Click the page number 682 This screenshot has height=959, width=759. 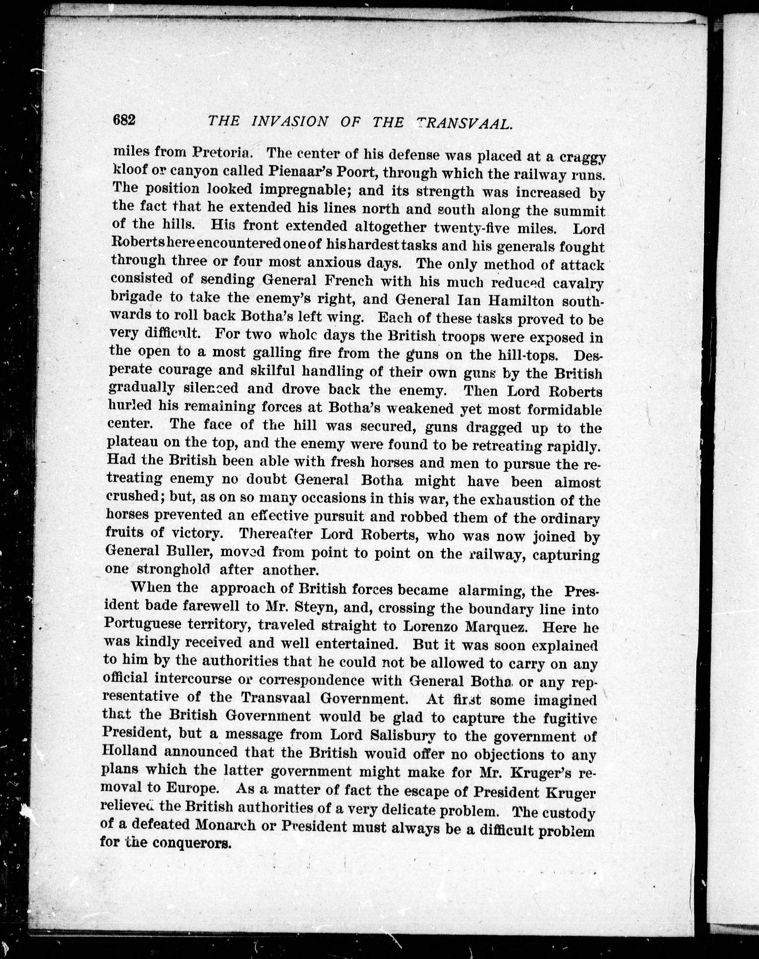[124, 120]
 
